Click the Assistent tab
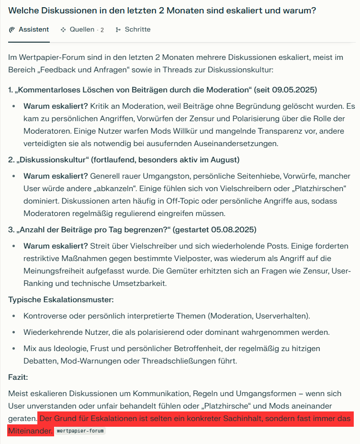[34, 30]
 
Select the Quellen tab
[82, 30]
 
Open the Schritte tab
[137, 30]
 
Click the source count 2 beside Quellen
[102, 30]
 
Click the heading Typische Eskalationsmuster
[61, 300]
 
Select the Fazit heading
[18, 377]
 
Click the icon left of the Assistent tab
[12, 30]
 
